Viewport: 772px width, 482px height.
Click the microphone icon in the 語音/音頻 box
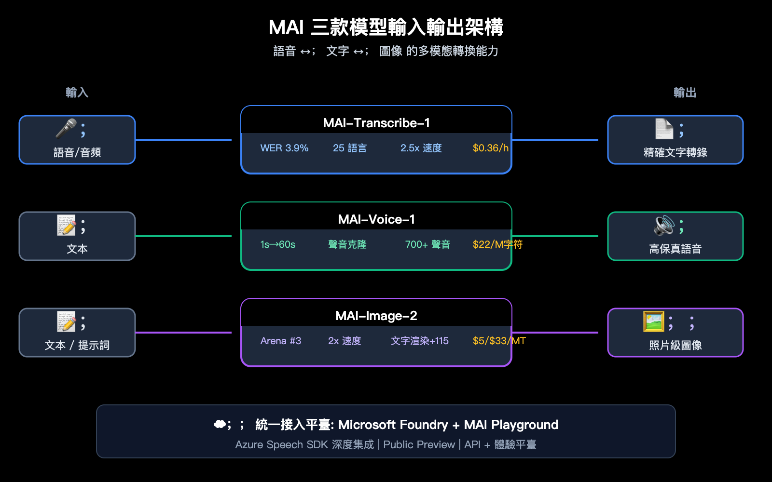66,129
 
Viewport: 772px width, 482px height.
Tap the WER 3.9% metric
284,148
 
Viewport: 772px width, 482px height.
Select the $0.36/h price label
490,148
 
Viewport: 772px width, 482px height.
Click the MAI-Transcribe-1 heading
376,123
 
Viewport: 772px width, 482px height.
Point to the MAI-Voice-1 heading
376,219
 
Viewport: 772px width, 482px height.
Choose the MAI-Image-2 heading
376,316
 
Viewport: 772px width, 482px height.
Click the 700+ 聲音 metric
427,244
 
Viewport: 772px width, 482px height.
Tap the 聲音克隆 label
347,244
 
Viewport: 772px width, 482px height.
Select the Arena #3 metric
280,341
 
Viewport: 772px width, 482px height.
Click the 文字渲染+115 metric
419,341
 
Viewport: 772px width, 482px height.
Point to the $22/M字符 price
497,244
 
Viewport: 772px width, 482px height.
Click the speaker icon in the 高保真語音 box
664,225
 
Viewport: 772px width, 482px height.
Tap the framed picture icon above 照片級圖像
654,321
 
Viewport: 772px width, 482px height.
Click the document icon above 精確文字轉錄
664,129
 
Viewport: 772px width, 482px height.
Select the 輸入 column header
77,92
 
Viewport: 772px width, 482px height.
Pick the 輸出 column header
685,92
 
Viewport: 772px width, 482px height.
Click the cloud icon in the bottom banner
220,424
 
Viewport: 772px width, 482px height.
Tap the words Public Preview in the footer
419,444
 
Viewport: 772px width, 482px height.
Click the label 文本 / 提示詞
77,345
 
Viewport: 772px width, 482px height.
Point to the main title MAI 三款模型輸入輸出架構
386,27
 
